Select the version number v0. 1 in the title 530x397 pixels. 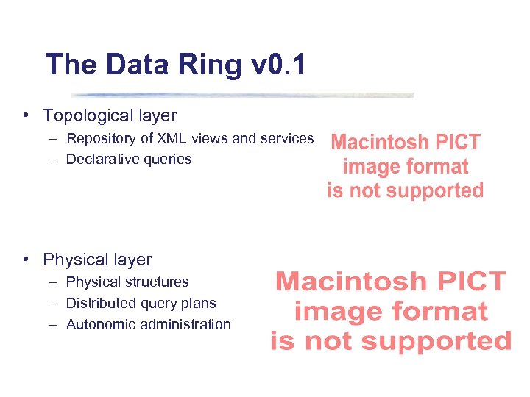tap(278, 65)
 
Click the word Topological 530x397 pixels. tap(85, 115)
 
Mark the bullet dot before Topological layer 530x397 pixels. tap(26, 115)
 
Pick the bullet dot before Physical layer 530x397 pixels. tap(26, 259)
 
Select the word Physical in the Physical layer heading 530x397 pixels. tap(72, 260)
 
